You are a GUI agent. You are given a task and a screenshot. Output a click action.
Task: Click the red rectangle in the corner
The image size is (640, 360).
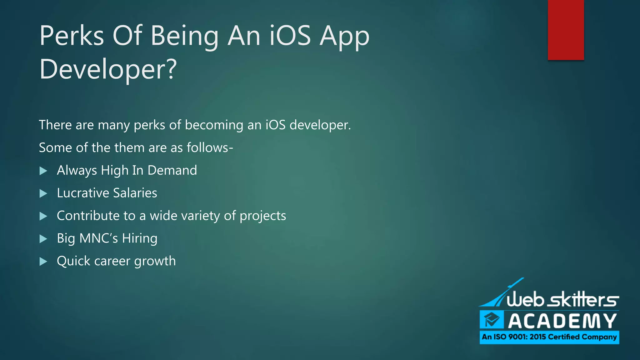pos(566,30)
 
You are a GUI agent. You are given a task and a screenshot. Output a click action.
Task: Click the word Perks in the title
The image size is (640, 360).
pos(72,36)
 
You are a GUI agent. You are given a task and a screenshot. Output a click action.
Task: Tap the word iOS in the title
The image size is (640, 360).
pos(290,36)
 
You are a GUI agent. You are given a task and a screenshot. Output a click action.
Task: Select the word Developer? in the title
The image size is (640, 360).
pos(108,69)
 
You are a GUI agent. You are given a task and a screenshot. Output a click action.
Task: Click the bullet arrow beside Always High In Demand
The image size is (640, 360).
pos(43,171)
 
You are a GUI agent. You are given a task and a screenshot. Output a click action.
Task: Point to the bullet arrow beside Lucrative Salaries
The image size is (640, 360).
pos(43,194)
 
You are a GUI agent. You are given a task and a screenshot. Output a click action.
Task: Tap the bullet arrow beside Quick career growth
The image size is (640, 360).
pos(43,262)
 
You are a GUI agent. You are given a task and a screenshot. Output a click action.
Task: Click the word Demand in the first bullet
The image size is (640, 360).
pos(172,170)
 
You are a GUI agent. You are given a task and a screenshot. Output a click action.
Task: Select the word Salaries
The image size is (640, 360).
pos(135,193)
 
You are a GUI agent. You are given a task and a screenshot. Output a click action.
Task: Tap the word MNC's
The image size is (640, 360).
pos(99,238)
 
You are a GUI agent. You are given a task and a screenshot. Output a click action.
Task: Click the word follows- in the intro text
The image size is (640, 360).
pos(210,147)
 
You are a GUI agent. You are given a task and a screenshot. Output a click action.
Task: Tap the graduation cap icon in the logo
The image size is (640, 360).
pos(492,320)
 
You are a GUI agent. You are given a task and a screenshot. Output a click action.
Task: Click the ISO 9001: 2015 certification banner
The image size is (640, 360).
pos(549,337)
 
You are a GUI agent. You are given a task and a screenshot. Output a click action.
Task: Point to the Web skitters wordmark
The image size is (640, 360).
pos(562,299)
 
